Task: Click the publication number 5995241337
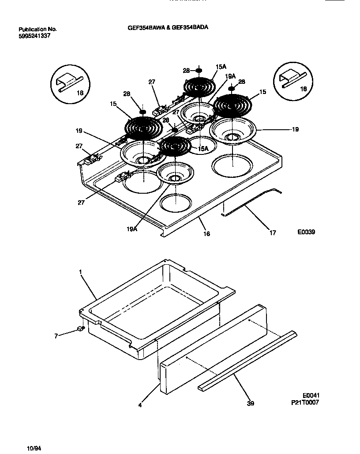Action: (34, 36)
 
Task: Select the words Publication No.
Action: (37, 30)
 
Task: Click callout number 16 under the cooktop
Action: (206, 234)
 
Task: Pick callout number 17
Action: (273, 233)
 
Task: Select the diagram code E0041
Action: (310, 396)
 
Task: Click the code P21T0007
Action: (305, 402)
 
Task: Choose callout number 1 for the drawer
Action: (81, 273)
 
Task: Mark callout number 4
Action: (140, 405)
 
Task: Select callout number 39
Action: (251, 403)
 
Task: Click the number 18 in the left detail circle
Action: (80, 93)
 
